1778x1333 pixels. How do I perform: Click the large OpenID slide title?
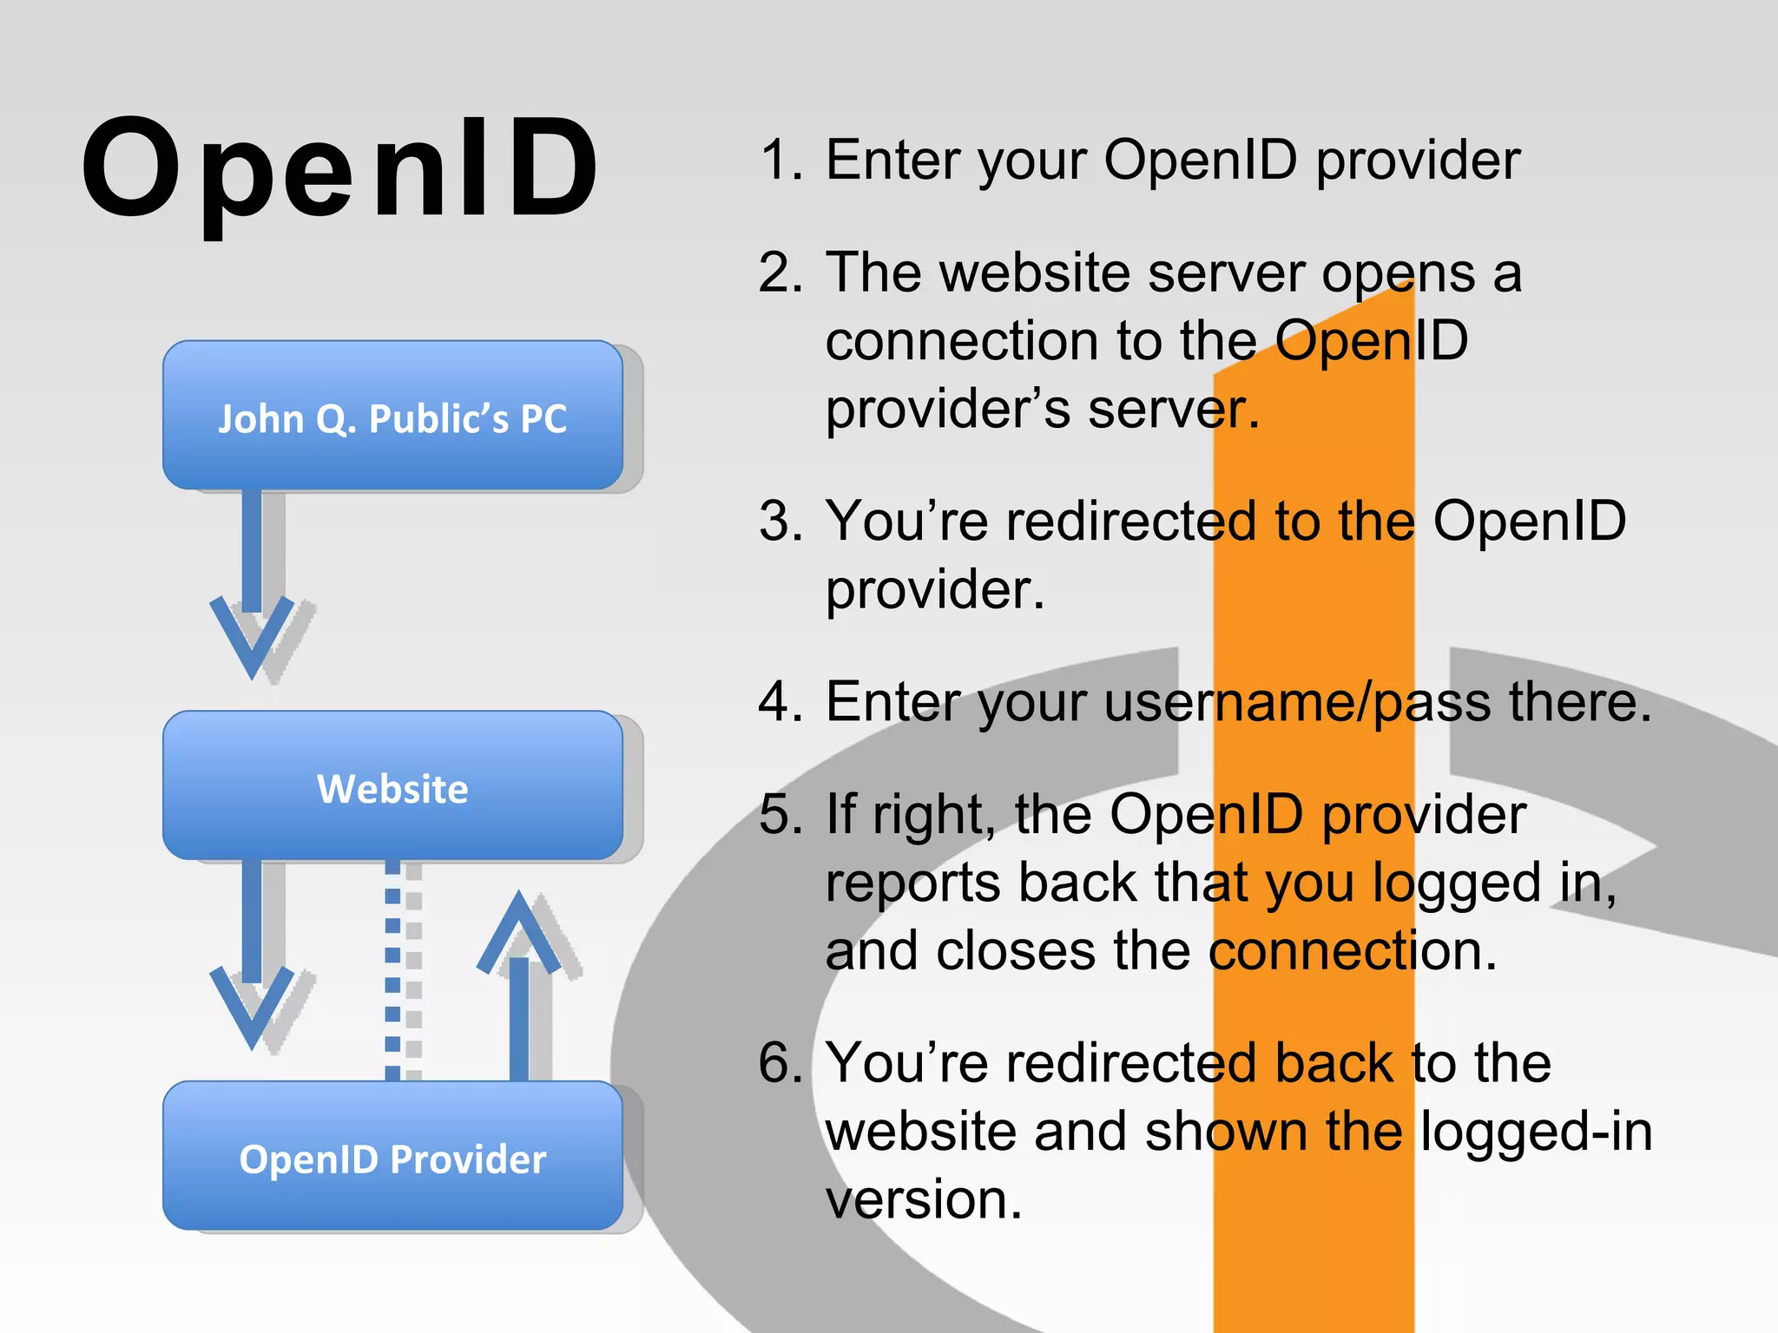click(x=340, y=169)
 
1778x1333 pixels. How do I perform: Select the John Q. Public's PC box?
click(x=392, y=416)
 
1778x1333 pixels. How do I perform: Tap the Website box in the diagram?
click(x=392, y=786)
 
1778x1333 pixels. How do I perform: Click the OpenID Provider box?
click(x=392, y=1156)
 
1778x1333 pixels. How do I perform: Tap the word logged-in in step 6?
click(x=1537, y=1132)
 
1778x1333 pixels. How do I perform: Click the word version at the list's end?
click(x=924, y=1199)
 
